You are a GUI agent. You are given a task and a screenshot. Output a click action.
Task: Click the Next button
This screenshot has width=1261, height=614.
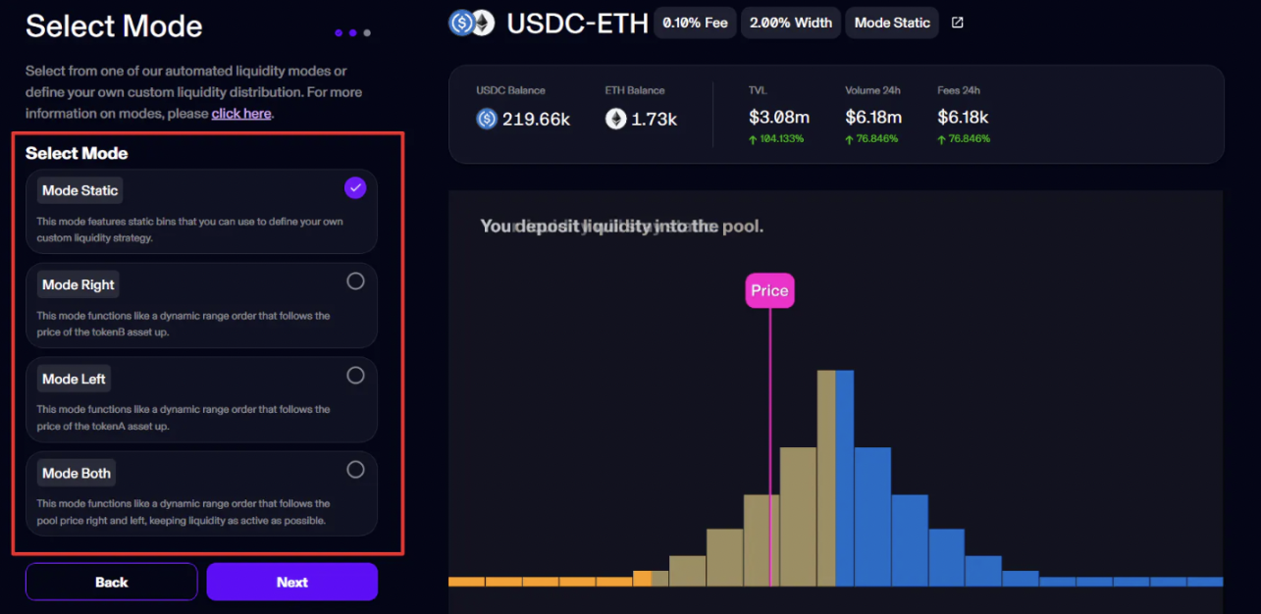(291, 582)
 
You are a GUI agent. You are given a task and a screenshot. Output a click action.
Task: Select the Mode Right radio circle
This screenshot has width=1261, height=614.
(355, 281)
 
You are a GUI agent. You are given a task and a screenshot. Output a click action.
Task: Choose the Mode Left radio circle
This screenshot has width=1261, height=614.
(355, 376)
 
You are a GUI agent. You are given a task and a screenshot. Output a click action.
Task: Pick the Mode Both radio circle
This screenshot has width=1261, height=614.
(355, 470)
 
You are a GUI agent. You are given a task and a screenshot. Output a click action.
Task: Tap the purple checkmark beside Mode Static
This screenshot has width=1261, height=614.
(355, 187)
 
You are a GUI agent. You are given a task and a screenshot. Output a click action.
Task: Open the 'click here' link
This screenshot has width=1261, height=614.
(241, 114)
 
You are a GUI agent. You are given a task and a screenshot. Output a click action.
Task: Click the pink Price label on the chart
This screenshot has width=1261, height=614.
(769, 290)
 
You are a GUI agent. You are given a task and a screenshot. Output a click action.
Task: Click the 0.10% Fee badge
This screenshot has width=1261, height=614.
(695, 23)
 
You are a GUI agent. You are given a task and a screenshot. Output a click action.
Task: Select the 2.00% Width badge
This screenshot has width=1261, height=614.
(790, 23)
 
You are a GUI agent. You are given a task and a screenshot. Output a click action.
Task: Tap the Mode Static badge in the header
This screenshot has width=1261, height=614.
(892, 23)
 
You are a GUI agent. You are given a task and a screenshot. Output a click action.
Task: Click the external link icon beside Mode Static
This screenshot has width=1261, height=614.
(958, 23)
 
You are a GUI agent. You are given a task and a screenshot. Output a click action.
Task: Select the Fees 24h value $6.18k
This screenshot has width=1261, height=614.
(963, 118)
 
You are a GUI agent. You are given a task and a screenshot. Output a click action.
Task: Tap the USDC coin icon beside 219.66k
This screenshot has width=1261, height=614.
(487, 119)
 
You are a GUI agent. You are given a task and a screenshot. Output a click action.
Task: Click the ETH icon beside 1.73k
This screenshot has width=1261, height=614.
(615, 119)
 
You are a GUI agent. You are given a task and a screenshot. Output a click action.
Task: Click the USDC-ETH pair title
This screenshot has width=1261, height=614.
(577, 23)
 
